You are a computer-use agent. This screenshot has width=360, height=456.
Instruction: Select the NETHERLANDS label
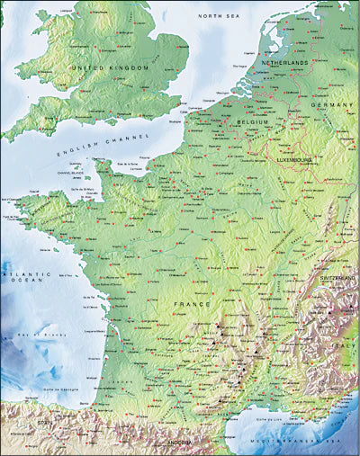tap(284, 64)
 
